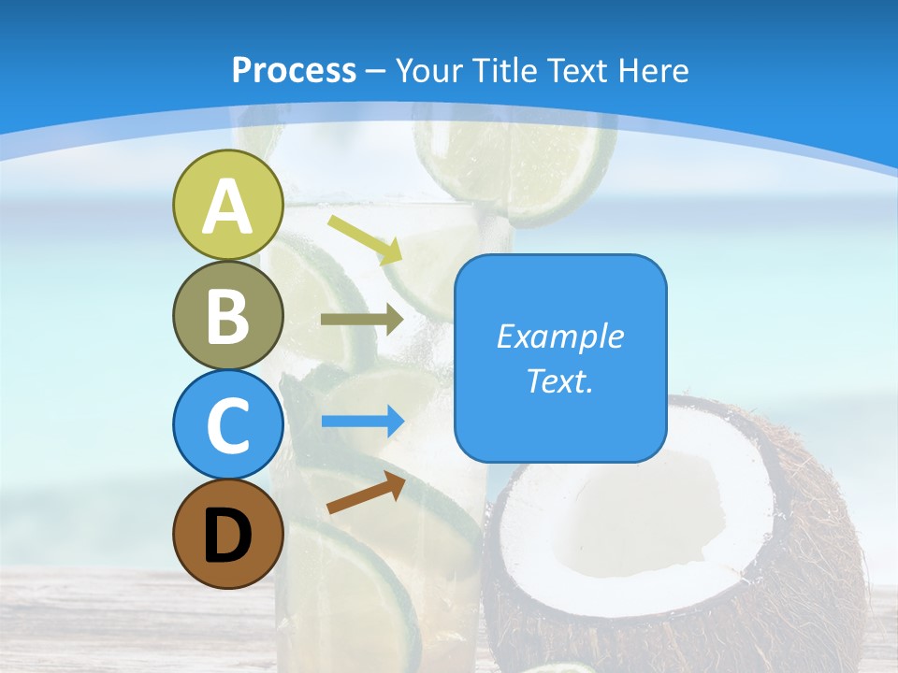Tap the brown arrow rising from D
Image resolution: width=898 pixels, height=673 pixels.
(366, 493)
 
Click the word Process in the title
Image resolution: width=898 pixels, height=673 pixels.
(294, 70)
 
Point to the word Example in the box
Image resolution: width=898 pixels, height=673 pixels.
(560, 336)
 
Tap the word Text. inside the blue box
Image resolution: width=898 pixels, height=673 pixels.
(560, 380)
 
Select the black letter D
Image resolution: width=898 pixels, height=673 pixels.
(228, 537)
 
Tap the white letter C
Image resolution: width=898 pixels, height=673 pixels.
(228, 426)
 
